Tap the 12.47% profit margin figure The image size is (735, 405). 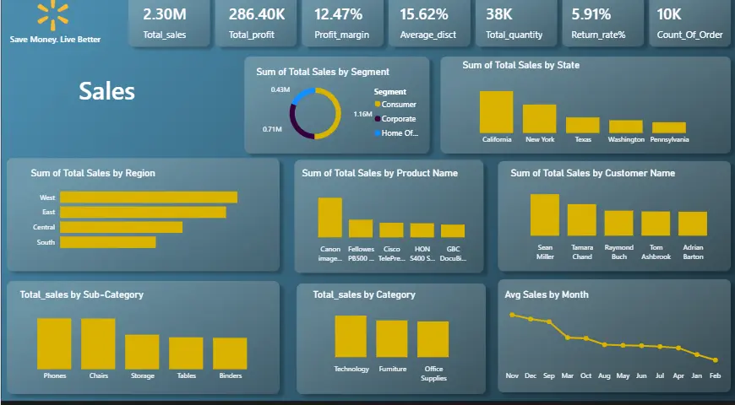click(338, 13)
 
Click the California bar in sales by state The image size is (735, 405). click(496, 111)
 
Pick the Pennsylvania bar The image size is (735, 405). click(668, 127)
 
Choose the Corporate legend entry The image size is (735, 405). click(398, 119)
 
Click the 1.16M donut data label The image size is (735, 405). click(362, 114)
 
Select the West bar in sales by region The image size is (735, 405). click(149, 197)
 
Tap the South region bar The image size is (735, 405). click(108, 242)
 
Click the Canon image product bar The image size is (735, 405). click(330, 217)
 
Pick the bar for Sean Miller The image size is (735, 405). click(545, 214)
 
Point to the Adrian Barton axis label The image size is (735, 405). click(692, 252)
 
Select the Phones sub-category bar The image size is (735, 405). click(55, 343)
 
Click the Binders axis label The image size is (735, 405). click(230, 375)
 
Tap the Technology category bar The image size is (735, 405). click(351, 336)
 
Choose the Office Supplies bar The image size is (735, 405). click(433, 339)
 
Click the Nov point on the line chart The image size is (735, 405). click(512, 315)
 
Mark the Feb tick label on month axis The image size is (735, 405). click(716, 375)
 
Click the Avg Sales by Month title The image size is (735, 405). click(547, 294)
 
